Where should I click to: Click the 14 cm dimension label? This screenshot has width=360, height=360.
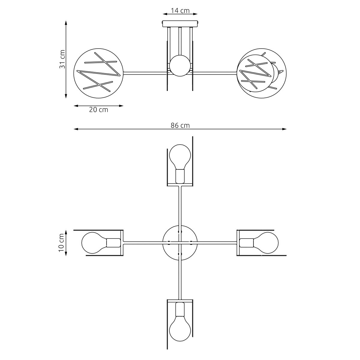point(180,10)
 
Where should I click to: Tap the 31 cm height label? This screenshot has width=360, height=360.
point(62,59)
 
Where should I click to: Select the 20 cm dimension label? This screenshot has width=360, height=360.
point(98,110)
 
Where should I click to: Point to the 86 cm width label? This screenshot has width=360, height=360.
point(180,125)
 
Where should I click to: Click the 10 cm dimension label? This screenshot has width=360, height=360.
point(61,243)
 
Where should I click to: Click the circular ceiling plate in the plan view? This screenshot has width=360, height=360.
point(180,243)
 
